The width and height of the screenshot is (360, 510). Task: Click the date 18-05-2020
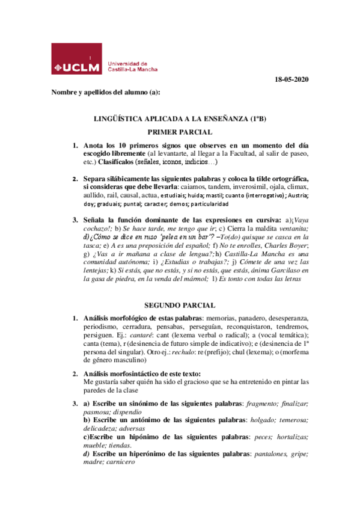[291, 79]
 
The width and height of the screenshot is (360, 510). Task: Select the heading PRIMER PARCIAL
[179, 132]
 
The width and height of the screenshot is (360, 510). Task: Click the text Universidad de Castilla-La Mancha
[132, 66]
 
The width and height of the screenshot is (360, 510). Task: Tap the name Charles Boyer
[286, 245]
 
